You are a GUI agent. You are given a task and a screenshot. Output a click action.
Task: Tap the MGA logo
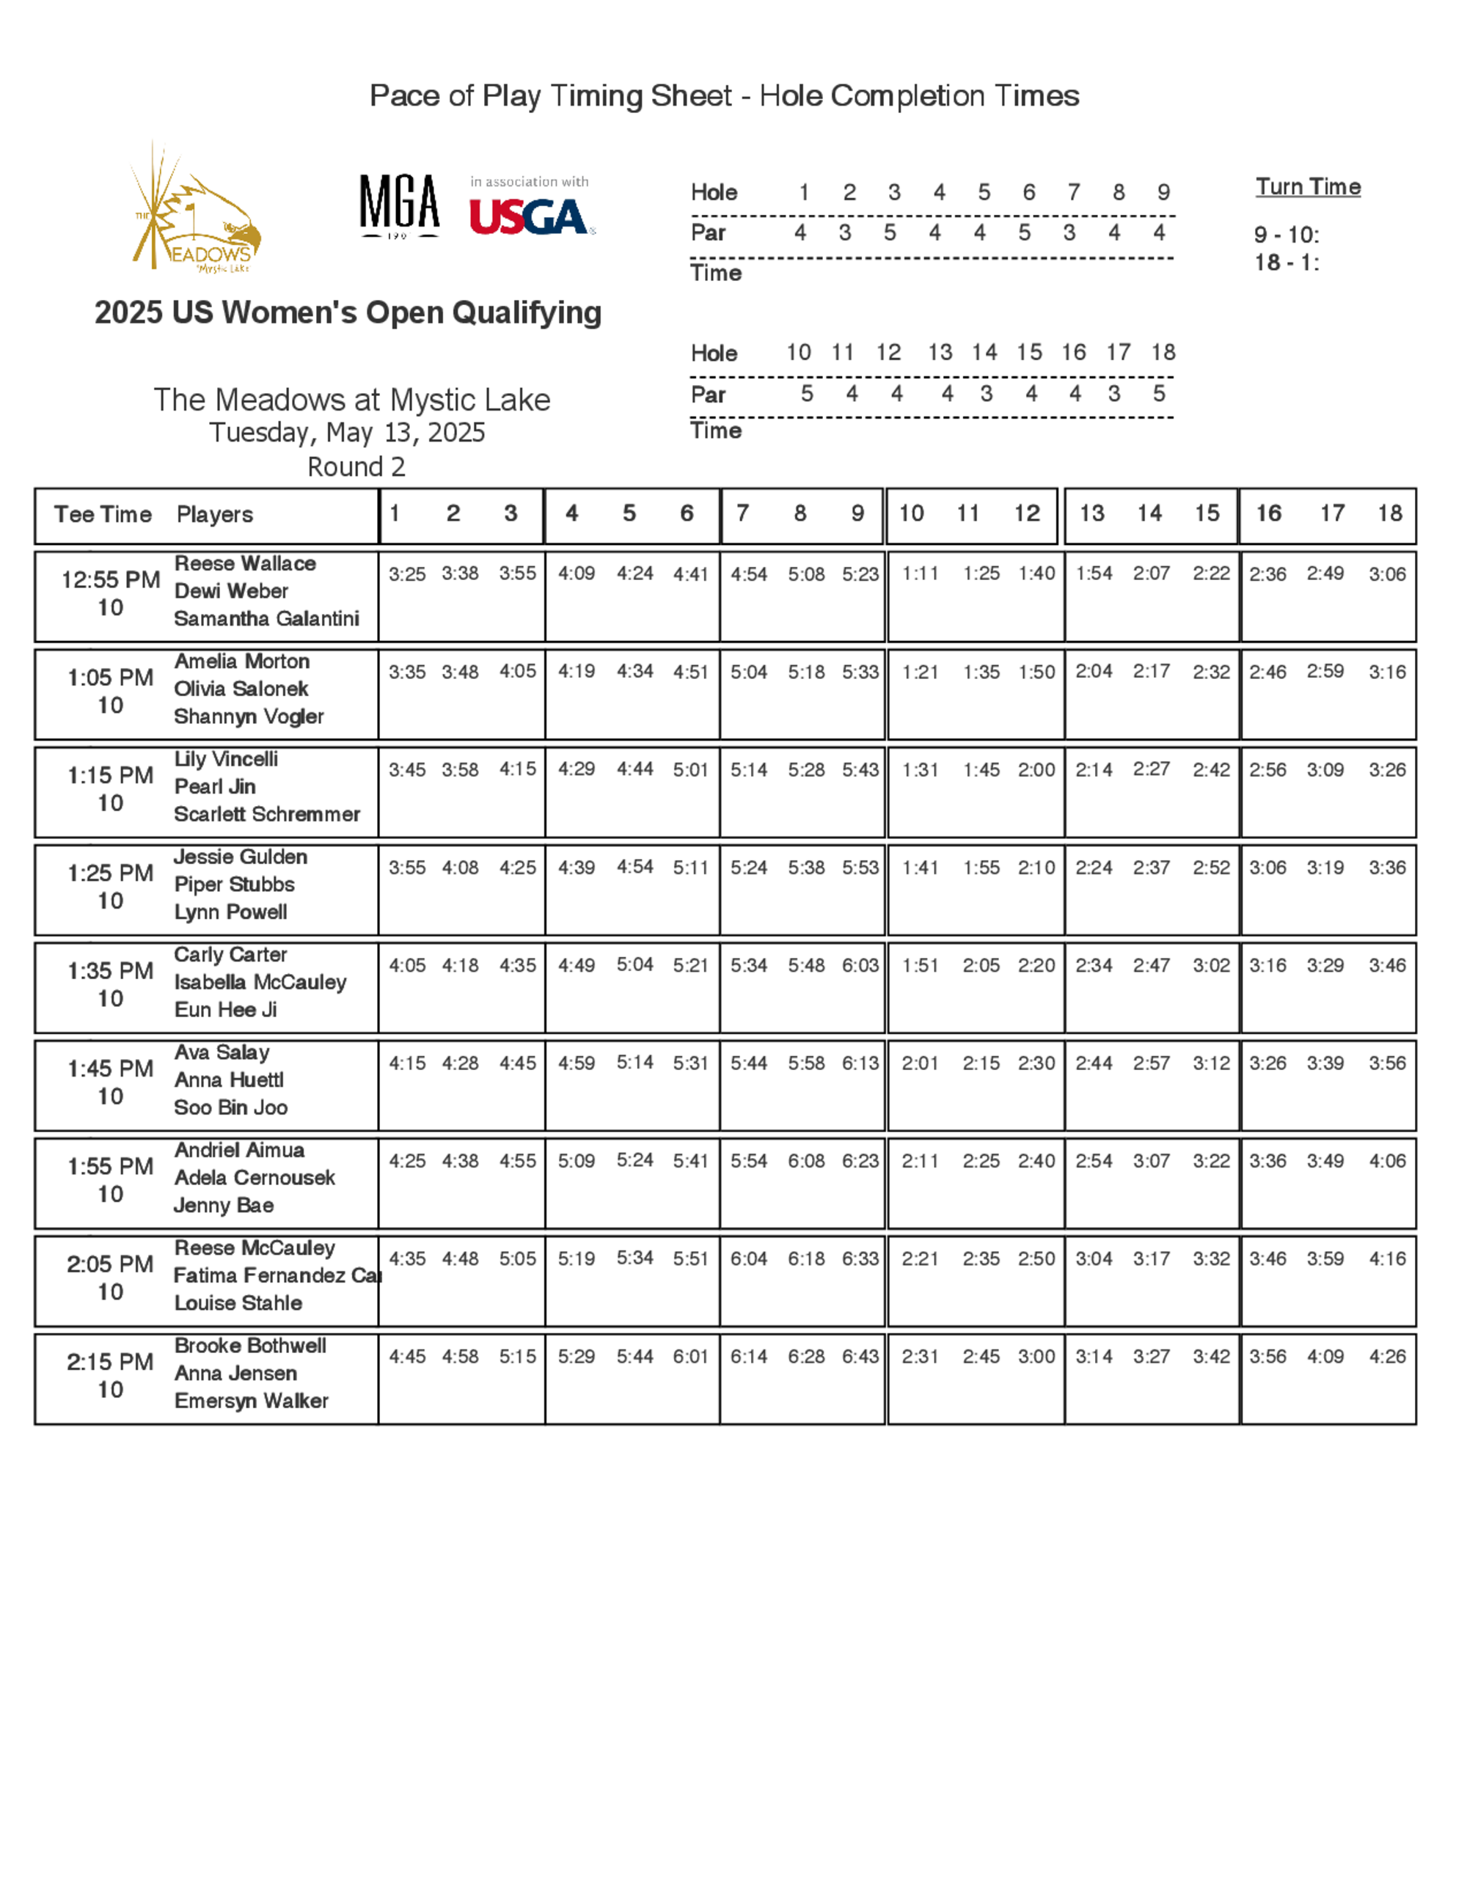(399, 205)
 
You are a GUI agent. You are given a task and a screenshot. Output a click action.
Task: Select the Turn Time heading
(1307, 187)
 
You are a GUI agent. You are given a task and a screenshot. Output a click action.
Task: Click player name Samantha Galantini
(266, 619)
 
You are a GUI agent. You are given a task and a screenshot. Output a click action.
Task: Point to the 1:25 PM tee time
(110, 873)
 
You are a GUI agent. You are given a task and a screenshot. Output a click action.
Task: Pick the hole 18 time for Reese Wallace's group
(1386, 574)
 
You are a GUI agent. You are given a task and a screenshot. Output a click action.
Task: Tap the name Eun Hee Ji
(225, 1010)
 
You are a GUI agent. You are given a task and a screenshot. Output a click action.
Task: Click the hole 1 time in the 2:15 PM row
(407, 1357)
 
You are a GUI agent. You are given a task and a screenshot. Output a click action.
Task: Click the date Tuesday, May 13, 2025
(347, 433)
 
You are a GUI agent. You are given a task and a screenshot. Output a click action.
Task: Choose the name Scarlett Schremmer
(266, 814)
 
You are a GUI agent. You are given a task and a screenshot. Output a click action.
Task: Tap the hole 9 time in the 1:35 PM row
(860, 966)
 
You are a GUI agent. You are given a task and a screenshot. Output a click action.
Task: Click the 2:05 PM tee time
(110, 1264)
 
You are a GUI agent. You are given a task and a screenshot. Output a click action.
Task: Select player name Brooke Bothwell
(250, 1346)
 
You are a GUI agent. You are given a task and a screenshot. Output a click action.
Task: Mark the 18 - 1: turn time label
(1287, 263)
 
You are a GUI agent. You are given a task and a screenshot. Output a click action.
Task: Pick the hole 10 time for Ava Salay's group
(920, 1063)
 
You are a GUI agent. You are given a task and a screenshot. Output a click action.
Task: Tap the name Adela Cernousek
(254, 1178)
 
